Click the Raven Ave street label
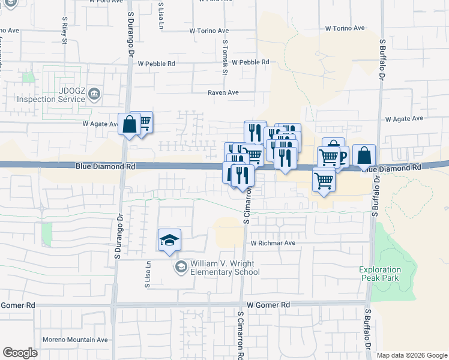(223, 92)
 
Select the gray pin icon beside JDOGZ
(94, 94)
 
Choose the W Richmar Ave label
(273, 243)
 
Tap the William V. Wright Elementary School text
(224, 268)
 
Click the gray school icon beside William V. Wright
(180, 267)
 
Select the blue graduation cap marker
(170, 241)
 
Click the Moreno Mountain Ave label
(75, 340)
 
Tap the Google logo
(20, 353)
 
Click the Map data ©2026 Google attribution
(411, 355)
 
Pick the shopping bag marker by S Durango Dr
(129, 125)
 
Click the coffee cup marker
(342, 157)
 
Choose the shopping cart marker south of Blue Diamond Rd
(324, 179)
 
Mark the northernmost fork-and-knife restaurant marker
(255, 132)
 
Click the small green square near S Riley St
(28, 77)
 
